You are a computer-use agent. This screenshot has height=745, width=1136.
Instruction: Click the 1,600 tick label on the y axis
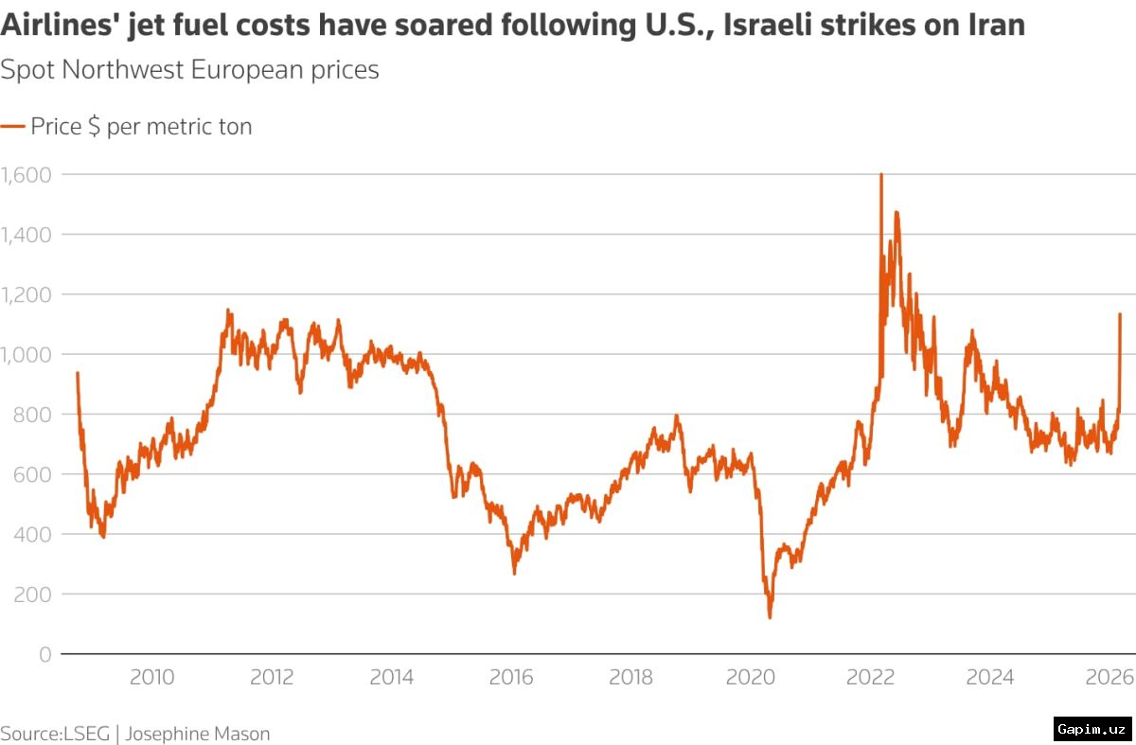point(26,174)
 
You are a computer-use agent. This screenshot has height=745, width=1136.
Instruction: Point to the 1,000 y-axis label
point(26,354)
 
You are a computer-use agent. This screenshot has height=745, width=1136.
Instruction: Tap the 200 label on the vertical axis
point(32,594)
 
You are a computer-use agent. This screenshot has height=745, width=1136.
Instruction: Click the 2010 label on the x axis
point(151,678)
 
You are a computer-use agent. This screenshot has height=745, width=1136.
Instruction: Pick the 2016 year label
point(511,678)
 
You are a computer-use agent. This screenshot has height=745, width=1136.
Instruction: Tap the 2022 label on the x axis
point(871,678)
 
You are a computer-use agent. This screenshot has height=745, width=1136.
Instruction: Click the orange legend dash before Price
point(12,127)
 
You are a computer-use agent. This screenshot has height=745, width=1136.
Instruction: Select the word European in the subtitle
point(240,70)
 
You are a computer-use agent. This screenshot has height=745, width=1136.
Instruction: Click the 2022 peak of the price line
point(881,175)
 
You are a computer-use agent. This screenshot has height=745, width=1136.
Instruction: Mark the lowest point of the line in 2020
point(770,617)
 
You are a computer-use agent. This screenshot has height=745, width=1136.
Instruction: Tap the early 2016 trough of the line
point(514,573)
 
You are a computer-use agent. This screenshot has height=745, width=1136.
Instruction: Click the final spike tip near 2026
point(1120,314)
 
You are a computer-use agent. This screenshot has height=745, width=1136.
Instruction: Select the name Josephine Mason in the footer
point(198,734)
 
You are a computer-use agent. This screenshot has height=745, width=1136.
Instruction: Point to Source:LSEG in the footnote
point(55,734)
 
